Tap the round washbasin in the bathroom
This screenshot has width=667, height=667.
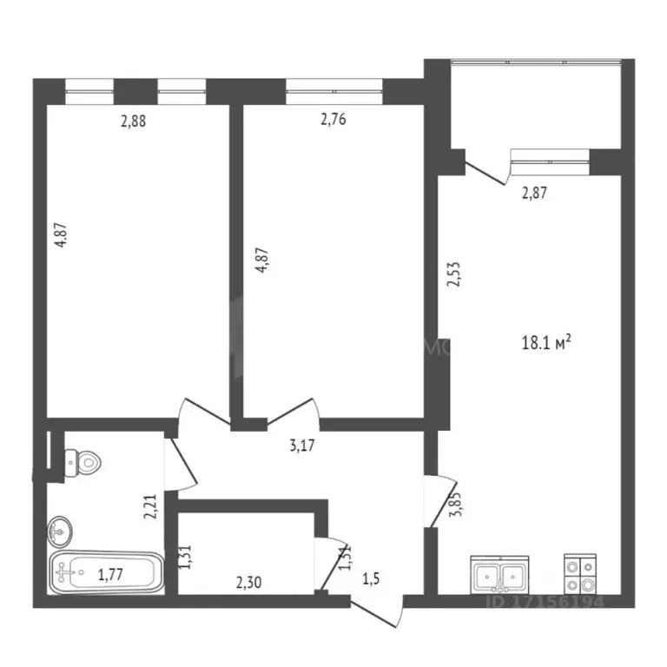(60, 527)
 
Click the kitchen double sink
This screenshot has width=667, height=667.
(499, 574)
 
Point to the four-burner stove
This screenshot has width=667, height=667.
(581, 574)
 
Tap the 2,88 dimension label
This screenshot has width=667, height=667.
(133, 122)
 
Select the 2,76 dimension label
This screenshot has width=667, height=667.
(333, 120)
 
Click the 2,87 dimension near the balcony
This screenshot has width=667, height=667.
(536, 194)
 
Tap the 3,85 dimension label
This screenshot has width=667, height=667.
(452, 505)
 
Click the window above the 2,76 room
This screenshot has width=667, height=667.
(333, 87)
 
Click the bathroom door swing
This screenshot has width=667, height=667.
(184, 466)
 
